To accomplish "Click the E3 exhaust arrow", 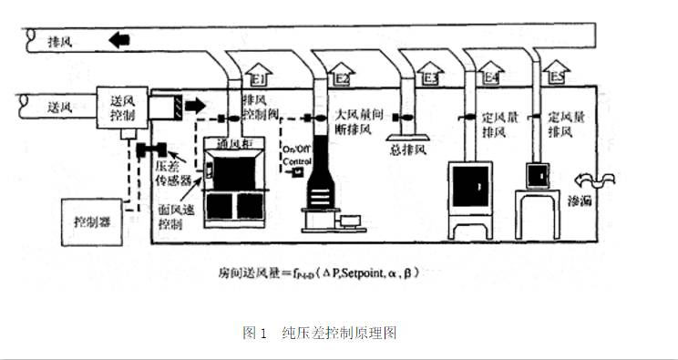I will click(x=427, y=73).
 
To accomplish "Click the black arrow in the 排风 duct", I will click(x=118, y=40).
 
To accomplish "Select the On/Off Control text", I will click(x=298, y=155).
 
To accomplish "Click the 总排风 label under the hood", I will click(x=407, y=149).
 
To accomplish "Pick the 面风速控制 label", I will click(x=169, y=215).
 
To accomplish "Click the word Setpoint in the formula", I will click(x=359, y=273).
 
